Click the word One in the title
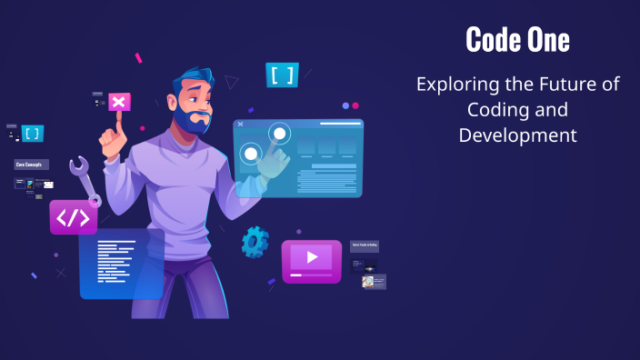(x=547, y=40)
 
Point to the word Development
(x=517, y=135)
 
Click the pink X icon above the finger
(x=118, y=102)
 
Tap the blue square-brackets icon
(x=282, y=75)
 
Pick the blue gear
(x=255, y=241)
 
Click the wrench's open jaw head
(x=79, y=166)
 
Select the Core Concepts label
(x=31, y=165)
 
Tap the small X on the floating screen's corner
(x=240, y=124)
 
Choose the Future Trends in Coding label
(x=365, y=246)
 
